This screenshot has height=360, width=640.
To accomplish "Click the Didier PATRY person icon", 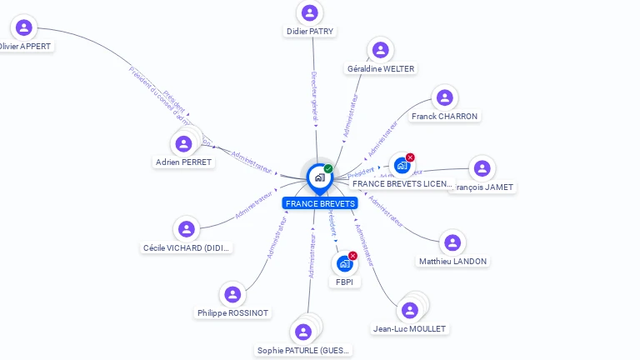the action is [310, 12].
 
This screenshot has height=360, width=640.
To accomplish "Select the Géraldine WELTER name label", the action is [381, 68].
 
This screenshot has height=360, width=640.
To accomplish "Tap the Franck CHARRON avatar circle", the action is [446, 97].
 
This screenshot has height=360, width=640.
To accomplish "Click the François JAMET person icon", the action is [482, 168].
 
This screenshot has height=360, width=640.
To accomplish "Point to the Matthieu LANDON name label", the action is [452, 261].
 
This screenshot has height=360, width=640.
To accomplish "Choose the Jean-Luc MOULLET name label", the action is [409, 329].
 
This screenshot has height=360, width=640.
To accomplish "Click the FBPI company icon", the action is [343, 264].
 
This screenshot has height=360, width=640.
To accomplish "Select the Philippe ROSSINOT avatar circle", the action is [233, 294].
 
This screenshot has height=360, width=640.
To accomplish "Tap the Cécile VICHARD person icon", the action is [187, 228].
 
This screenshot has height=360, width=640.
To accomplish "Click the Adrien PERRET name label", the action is [184, 162].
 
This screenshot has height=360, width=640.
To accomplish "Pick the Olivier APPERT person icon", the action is [24, 27].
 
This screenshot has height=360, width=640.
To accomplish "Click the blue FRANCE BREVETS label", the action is [320, 203].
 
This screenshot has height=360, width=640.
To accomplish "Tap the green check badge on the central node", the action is [328, 169].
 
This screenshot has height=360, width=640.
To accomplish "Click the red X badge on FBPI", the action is [352, 256].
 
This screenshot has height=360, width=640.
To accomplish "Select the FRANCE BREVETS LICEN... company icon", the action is [402, 165].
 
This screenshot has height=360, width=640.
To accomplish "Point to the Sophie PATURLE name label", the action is [304, 350].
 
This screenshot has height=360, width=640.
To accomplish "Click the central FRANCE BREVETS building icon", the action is [319, 177].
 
